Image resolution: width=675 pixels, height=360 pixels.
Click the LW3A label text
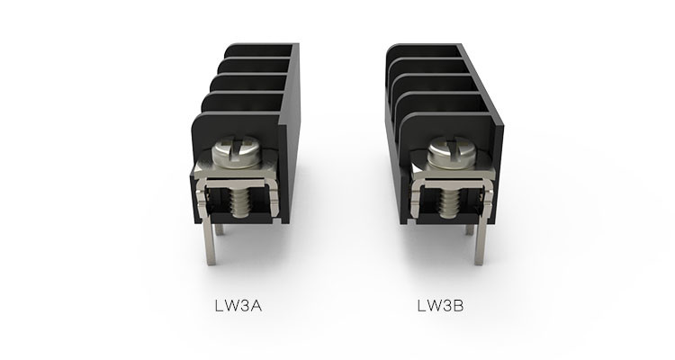click(x=238, y=306)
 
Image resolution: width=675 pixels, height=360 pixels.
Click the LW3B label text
click(x=440, y=305)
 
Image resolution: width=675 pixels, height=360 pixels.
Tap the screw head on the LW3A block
click(x=236, y=150)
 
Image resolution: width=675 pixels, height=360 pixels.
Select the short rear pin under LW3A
click(x=220, y=229)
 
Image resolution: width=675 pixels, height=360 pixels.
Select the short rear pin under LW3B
click(x=469, y=229)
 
